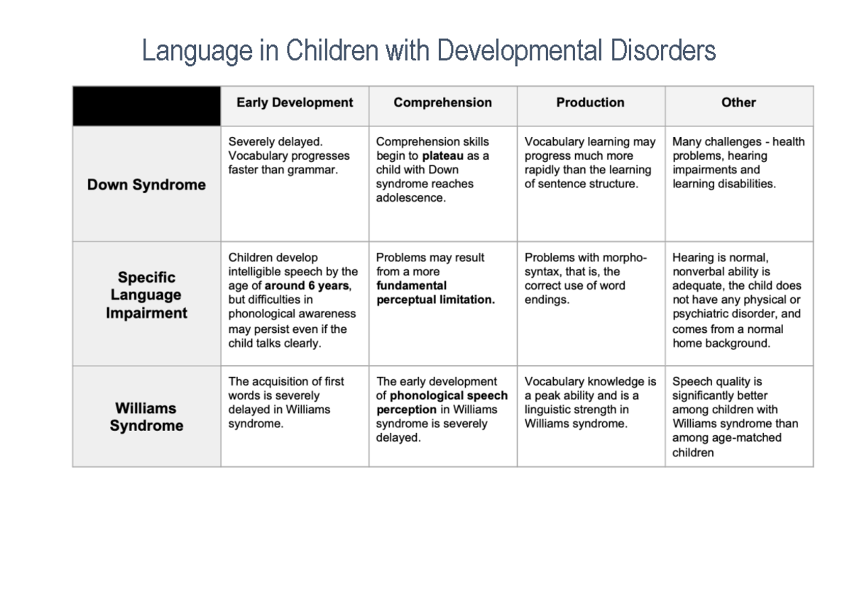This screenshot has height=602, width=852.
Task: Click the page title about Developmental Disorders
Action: pyautogui.click(x=428, y=51)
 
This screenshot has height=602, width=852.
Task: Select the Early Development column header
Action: pyautogui.click(x=294, y=103)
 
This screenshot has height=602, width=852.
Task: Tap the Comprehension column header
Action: pyautogui.click(x=442, y=103)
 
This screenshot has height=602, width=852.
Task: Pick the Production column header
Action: pyautogui.click(x=590, y=103)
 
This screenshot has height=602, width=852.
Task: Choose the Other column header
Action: pyautogui.click(x=738, y=103)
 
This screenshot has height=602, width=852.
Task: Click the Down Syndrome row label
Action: pyautogui.click(x=146, y=185)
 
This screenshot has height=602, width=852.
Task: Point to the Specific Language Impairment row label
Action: pyautogui.click(x=146, y=295)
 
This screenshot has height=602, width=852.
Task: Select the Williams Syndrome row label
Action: pyautogui.click(x=146, y=417)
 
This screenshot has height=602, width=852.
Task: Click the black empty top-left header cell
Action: pyautogui.click(x=146, y=106)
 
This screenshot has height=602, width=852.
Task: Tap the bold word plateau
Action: pyautogui.click(x=442, y=155)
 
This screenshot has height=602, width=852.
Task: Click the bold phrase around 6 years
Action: pyautogui.click(x=307, y=286)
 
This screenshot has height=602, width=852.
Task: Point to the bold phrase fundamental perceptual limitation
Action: pyautogui.click(x=435, y=292)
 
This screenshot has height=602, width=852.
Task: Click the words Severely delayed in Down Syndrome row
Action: pyautogui.click(x=275, y=142)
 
